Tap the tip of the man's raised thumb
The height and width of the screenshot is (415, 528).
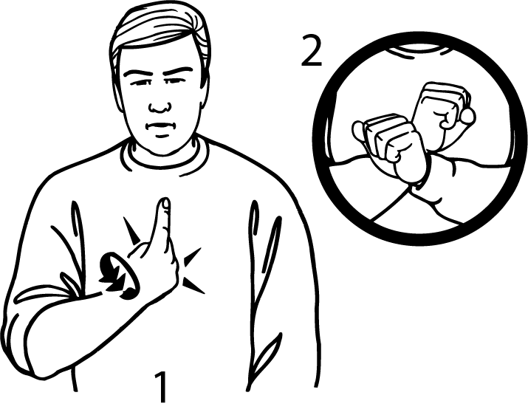[165, 202]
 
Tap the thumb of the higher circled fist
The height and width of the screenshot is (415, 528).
[467, 115]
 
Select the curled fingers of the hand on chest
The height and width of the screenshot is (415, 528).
[159, 270]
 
